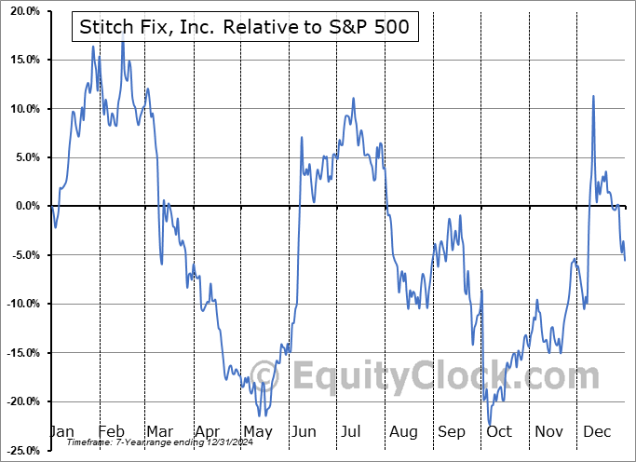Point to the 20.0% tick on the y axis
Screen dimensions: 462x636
(20, 12)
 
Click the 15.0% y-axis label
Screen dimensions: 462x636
(20, 61)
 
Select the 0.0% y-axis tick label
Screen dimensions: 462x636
(23, 206)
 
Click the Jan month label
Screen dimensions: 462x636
(61, 432)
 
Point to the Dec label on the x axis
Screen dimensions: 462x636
(598, 432)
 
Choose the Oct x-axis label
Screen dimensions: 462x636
(500, 432)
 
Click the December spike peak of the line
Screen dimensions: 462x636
(593, 96)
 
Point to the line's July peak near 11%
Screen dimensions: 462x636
(353, 99)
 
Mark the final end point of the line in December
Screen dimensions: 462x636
(625, 260)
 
